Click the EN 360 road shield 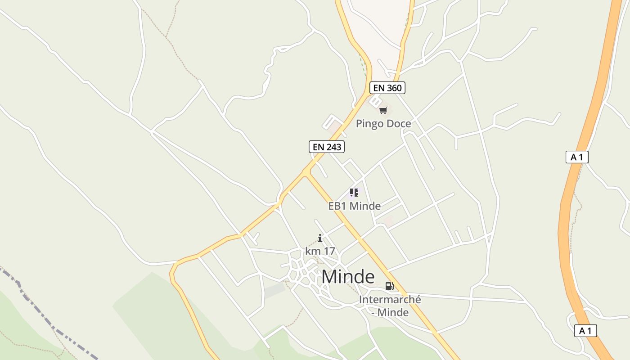click(x=387, y=88)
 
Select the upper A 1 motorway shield click(x=576, y=157)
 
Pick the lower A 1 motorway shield click(x=585, y=331)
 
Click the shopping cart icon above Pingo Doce click(x=383, y=110)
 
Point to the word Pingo click(x=369, y=123)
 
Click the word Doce click(x=398, y=123)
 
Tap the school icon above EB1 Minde click(x=354, y=193)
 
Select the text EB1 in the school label click(x=337, y=206)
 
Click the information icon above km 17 click(x=320, y=238)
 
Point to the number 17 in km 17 click(x=328, y=251)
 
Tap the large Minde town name click(x=348, y=277)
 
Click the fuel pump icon click(x=389, y=286)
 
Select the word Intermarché click(x=390, y=299)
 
